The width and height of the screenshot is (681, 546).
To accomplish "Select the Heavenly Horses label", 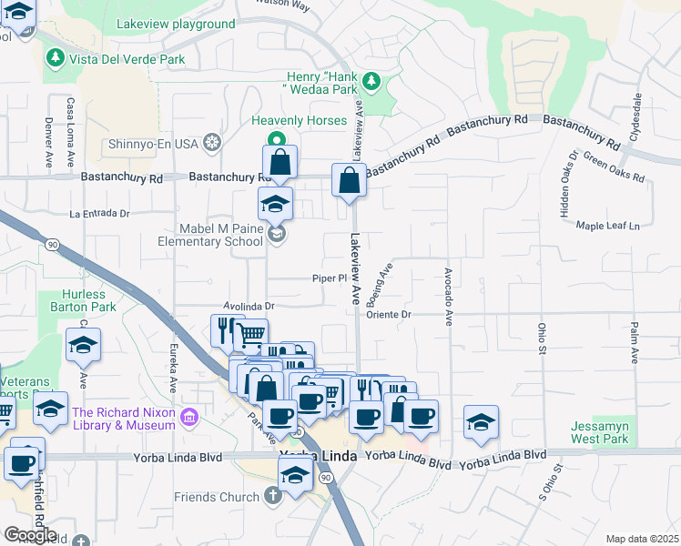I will (300, 121).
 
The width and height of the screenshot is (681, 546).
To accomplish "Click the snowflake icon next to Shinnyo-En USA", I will (212, 143).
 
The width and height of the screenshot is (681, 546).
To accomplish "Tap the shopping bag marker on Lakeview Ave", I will (350, 180).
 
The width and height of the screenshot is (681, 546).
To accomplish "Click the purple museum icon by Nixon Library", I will (189, 419).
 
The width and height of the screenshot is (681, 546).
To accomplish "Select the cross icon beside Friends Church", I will (271, 497).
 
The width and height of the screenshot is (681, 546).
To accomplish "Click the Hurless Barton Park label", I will (90, 301).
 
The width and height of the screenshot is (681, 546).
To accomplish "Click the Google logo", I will (30, 535).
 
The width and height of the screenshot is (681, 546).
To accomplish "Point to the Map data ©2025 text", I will (642, 539).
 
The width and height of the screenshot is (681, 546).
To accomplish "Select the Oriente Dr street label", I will (390, 315).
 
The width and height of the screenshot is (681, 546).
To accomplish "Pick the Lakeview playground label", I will (175, 25).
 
